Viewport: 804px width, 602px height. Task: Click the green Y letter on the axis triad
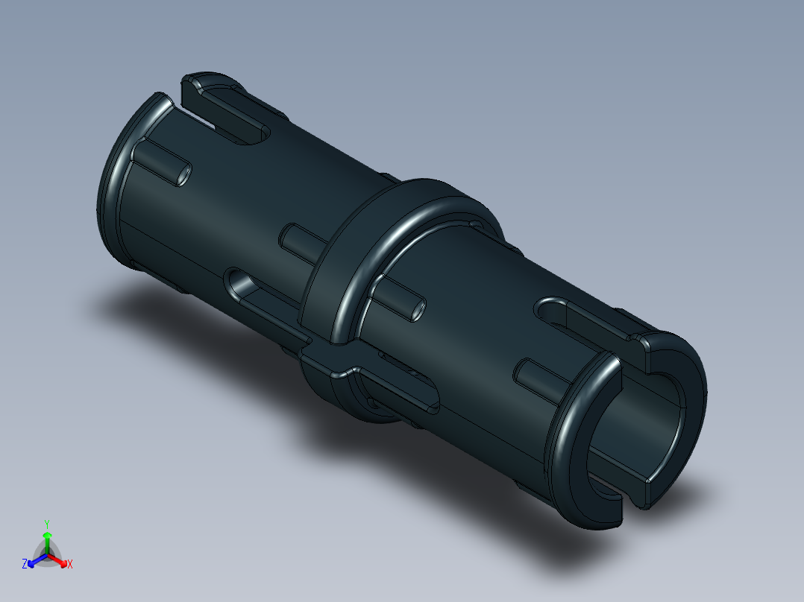[x=46, y=523]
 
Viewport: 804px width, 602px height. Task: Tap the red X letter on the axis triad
[x=70, y=565]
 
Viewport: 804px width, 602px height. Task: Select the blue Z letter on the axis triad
[x=24, y=565]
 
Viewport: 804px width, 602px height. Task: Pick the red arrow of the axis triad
[x=61, y=561]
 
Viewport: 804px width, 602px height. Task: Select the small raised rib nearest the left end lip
[x=161, y=163]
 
